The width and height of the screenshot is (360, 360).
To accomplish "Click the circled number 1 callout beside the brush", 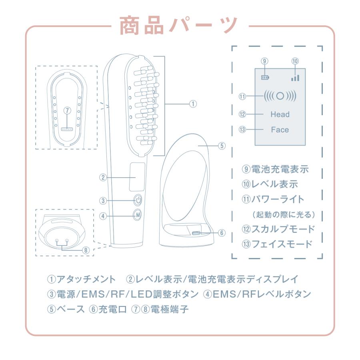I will [193, 104].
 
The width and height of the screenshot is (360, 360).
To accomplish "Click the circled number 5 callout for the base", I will [222, 146].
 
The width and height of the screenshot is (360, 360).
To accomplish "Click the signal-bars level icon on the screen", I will [295, 77].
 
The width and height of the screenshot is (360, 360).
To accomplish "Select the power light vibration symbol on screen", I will [280, 97].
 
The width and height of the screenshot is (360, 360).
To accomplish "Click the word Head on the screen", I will [280, 114].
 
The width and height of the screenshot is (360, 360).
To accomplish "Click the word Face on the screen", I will [280, 130].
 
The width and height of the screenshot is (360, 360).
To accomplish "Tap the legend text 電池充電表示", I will [280, 170].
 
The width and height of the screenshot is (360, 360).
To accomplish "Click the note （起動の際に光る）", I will [284, 214].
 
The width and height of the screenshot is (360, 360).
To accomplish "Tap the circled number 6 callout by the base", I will [222, 233].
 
